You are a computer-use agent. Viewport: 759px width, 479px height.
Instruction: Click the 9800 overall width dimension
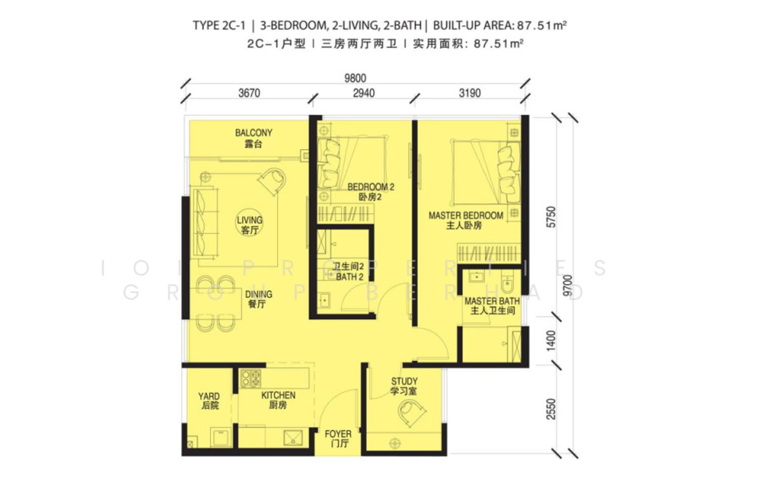point(355,78)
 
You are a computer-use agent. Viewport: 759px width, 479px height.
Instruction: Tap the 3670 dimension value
point(249,93)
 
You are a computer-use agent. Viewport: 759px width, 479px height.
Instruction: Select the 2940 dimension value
point(364,93)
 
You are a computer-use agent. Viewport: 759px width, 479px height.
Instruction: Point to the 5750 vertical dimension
point(552,217)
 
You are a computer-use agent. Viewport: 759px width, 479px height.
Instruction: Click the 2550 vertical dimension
point(552,409)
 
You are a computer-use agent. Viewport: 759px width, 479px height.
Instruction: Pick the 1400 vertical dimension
point(552,340)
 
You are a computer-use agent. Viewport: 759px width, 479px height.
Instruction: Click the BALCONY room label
point(254,133)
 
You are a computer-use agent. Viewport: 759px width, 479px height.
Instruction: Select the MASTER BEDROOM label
point(466,215)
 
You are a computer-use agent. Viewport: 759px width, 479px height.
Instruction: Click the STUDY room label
point(404,381)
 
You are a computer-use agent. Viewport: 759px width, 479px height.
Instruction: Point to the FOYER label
point(338,434)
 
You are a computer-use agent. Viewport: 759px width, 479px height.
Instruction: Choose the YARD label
point(209,397)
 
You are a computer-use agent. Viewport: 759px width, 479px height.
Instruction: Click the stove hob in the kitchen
point(251,378)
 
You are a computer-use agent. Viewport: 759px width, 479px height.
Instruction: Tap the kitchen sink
point(293,438)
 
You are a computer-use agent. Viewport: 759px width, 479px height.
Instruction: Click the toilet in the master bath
point(507,284)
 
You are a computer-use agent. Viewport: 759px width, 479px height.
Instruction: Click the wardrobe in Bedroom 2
point(346,214)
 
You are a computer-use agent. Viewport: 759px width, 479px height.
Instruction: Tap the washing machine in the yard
point(221,438)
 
